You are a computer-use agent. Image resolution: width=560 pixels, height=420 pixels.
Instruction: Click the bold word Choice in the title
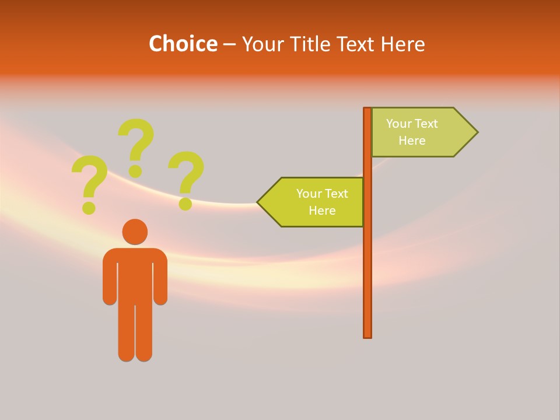[183, 44]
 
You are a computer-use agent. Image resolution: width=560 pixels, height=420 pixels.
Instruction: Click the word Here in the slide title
[402, 44]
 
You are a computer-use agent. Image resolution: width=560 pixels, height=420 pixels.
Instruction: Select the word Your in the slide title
[262, 44]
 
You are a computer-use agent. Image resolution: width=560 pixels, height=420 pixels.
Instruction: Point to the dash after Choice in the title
[229, 45]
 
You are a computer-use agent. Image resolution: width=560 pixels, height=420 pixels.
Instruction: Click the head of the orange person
[135, 232]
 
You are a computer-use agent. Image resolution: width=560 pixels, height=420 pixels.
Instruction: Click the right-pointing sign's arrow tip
[474, 132]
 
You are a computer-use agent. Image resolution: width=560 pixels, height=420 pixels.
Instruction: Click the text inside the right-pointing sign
[412, 132]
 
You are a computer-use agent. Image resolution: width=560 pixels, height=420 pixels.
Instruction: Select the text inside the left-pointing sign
[322, 202]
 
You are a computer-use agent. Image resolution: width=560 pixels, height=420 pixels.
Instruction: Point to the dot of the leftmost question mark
[89, 207]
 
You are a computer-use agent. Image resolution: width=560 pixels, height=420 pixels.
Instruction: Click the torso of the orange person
[135, 274]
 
